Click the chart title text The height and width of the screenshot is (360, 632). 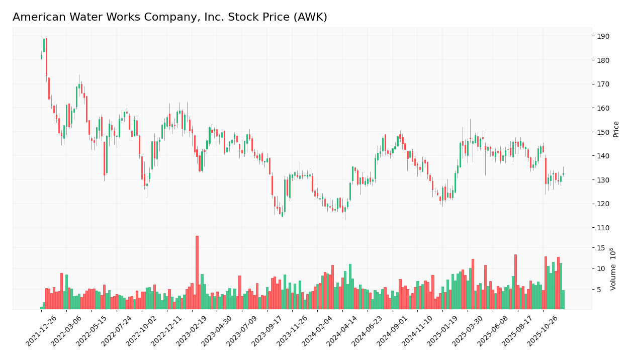tap(170, 18)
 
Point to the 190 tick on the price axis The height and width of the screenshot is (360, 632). tap(603, 36)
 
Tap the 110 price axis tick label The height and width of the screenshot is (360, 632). tap(603, 228)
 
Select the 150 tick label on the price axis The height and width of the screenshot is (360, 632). tap(603, 132)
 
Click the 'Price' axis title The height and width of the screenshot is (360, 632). tap(616, 129)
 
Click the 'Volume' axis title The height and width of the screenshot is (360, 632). tap(613, 268)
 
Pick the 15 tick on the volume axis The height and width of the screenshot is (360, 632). tap(601, 248)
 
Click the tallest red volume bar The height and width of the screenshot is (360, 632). tap(197, 273)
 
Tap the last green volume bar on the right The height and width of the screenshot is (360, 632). tap(563, 300)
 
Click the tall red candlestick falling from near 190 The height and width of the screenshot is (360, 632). tap(46, 57)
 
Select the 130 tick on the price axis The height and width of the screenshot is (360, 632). tap(603, 180)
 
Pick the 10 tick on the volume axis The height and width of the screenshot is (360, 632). tap(601, 268)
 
